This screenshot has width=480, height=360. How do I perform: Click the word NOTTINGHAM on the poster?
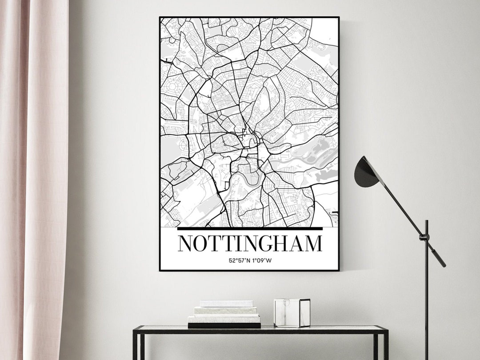coord(250,244)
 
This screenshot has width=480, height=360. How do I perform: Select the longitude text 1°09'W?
coord(262,260)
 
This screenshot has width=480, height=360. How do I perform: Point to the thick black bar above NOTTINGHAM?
coord(250,228)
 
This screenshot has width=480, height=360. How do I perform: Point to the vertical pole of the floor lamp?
coord(426,302)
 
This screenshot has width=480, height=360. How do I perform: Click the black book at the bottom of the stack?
coord(224,325)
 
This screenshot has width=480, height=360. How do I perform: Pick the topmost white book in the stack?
coord(226,304)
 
